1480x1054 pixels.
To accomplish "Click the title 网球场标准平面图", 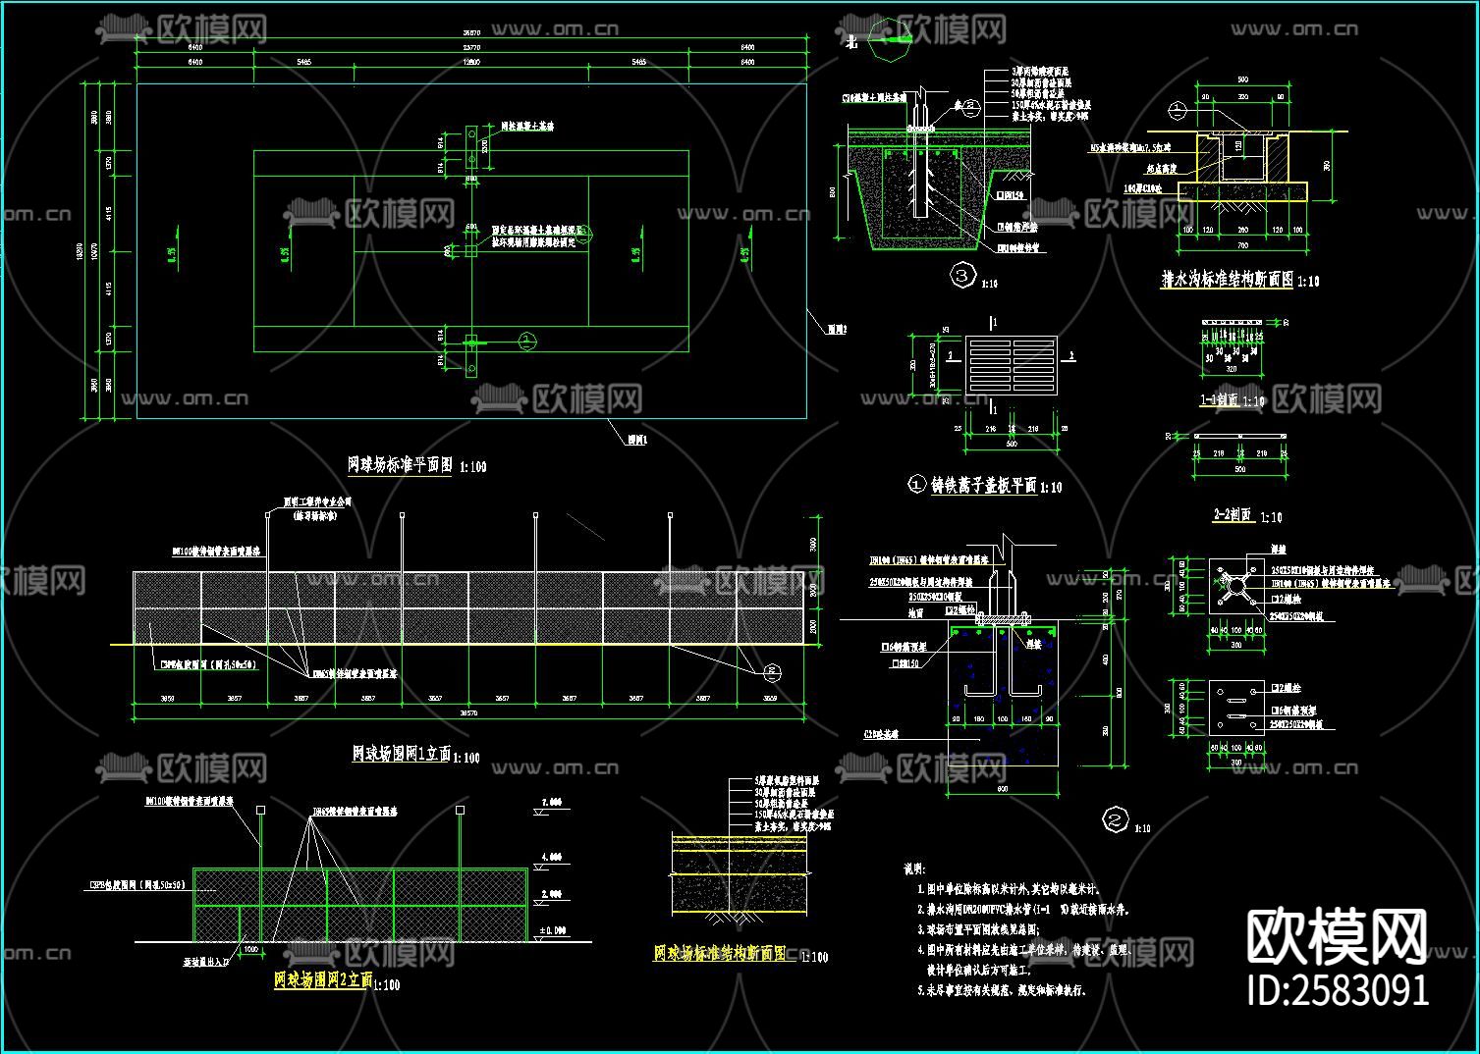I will (400, 465).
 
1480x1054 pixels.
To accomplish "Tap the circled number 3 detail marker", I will (962, 277).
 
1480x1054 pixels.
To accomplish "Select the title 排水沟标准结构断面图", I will (1227, 280).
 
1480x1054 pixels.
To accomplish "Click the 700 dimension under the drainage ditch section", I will (1242, 244).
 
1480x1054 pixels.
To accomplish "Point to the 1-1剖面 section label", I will (1221, 399).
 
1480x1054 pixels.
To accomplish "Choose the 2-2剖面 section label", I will (1233, 515).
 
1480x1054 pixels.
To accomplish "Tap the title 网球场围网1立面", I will (401, 754).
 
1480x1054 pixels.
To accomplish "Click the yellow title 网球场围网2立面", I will (323, 979).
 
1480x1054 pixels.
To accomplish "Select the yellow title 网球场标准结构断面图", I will (720, 953).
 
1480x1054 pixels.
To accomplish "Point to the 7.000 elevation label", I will (552, 802).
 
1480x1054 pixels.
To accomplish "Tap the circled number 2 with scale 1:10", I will (1115, 819).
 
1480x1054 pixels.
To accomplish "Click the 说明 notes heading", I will (913, 869).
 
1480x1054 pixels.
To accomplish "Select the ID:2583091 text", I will (1337, 989).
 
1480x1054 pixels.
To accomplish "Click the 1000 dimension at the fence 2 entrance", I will (250, 949).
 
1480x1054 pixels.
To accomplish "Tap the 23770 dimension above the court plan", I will (471, 46).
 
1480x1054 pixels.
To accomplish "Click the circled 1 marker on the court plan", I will (526, 341).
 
